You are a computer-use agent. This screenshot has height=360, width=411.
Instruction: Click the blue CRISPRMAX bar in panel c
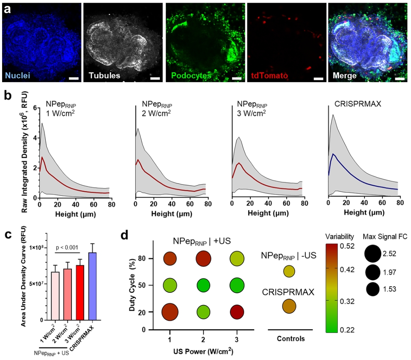click(x=93, y=286)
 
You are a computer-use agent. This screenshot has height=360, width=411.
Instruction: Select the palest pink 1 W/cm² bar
click(x=55, y=296)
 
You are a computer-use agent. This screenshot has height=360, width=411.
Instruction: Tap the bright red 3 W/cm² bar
click(x=80, y=293)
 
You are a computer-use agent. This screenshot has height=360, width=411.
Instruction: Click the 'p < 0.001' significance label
click(x=67, y=247)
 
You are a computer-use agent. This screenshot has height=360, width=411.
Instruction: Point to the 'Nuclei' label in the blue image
click(x=18, y=76)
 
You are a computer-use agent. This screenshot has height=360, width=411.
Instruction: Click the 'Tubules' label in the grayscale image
click(x=104, y=76)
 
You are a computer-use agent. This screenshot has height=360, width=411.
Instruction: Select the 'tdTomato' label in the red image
click(x=269, y=76)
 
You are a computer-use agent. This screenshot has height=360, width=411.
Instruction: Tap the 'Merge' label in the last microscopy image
click(x=345, y=76)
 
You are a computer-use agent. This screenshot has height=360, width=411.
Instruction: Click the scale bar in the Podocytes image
click(x=237, y=78)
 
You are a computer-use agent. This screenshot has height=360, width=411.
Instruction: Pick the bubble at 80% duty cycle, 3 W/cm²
click(x=237, y=258)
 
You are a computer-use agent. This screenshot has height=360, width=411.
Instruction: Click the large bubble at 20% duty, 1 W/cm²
click(x=170, y=312)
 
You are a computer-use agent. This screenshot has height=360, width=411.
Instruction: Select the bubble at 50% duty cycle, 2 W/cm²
click(x=203, y=285)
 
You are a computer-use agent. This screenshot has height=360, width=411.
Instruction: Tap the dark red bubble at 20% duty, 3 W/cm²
click(x=237, y=312)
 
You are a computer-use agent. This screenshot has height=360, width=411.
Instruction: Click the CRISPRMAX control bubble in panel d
click(x=289, y=306)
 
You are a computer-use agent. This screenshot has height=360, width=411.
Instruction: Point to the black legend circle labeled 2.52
click(x=373, y=254)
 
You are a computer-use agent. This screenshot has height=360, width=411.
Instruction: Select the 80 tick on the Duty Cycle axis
click(x=142, y=258)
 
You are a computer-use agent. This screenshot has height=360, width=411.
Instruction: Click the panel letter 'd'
click(x=125, y=236)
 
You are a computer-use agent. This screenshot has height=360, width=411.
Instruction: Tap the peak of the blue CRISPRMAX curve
click(x=333, y=154)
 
